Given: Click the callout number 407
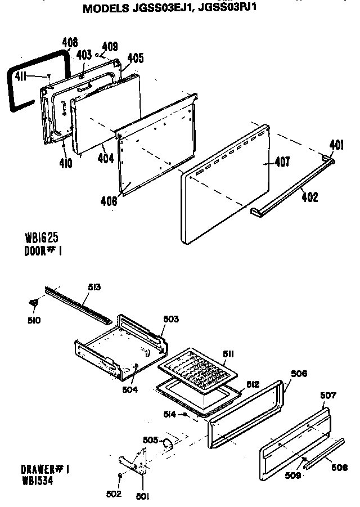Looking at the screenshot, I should [x=282, y=163].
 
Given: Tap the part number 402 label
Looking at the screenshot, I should [x=309, y=197].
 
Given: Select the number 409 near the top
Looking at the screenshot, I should [x=111, y=47].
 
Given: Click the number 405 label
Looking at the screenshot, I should [x=135, y=58].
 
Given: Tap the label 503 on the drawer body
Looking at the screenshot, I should [x=170, y=319].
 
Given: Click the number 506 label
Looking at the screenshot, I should [x=299, y=374].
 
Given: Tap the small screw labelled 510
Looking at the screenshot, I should [x=34, y=303].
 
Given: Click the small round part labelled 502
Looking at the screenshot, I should [x=120, y=477].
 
